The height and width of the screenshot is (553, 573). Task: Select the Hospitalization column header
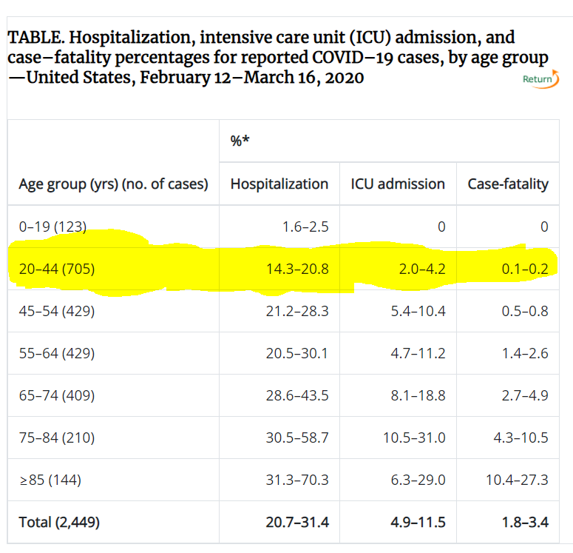point(279,184)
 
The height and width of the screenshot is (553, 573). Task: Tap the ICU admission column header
point(398,184)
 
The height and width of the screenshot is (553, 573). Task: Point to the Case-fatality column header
point(508,184)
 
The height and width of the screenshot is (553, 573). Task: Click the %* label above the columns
point(240,141)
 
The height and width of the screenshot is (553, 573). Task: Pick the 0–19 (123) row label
point(52,227)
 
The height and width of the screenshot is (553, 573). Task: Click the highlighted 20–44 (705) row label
point(56,269)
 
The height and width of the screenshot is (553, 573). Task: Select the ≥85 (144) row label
point(50,480)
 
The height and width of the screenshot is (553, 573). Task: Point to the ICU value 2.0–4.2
point(418,269)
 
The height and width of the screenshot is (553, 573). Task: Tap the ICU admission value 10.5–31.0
point(414,438)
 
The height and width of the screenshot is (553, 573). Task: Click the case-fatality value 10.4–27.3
point(517,480)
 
